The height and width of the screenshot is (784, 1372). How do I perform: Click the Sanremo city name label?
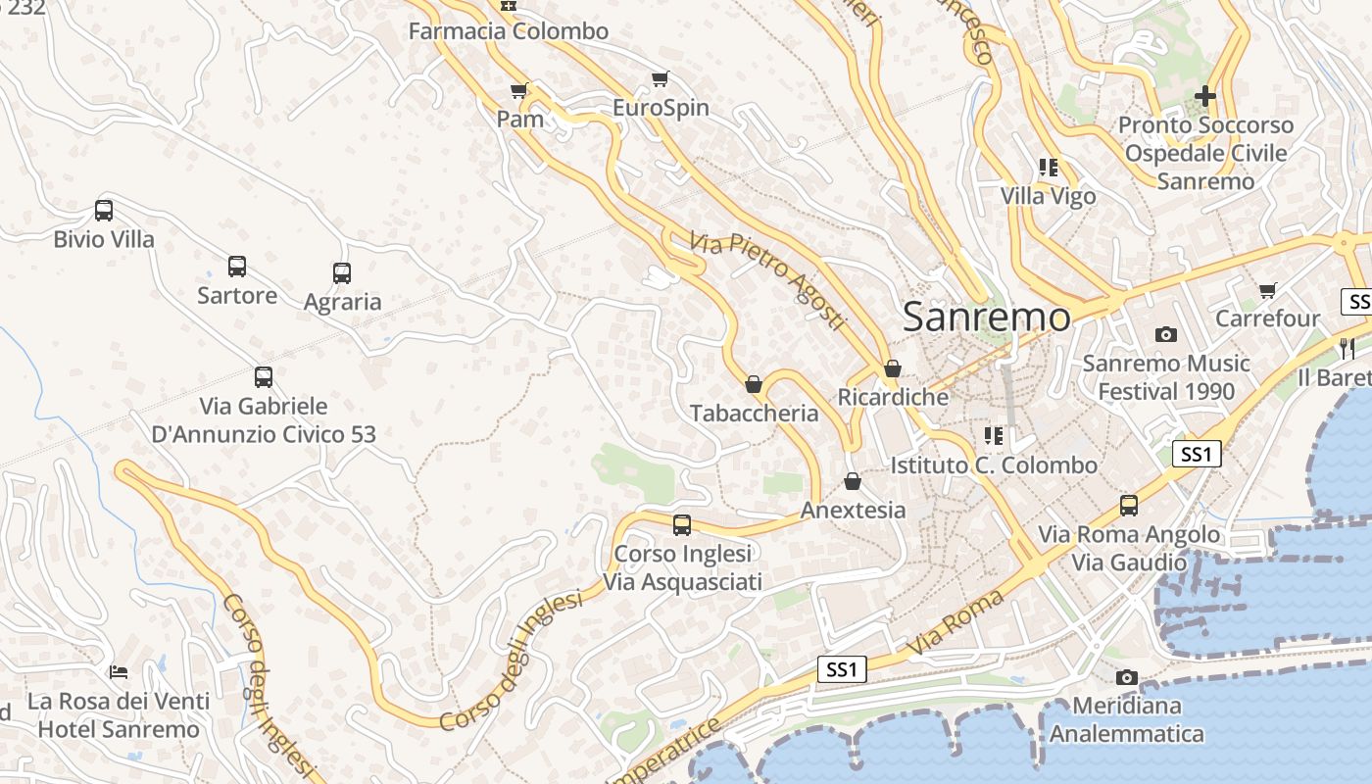(986, 317)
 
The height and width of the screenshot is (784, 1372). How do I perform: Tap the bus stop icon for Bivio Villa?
(104, 210)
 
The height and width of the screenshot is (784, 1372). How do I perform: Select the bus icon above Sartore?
(237, 266)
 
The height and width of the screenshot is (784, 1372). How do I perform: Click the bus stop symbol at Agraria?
(342, 273)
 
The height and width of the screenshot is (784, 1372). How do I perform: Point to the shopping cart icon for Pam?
(519, 90)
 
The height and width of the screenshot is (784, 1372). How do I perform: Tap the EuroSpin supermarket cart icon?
(661, 78)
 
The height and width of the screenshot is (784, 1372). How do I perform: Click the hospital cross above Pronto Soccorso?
(1205, 96)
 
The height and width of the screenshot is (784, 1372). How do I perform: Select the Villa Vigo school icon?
(1049, 168)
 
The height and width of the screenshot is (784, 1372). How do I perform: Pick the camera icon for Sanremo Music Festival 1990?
(1165, 334)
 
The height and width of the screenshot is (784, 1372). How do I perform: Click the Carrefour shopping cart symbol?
(1268, 290)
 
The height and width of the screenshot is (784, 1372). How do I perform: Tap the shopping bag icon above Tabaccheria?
(754, 384)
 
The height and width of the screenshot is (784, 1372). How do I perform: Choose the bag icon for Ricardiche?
(892, 368)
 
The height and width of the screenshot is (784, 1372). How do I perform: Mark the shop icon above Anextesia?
(853, 481)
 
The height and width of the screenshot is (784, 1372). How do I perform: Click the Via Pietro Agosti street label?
(766, 280)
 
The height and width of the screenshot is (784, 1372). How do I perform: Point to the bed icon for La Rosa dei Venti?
(119, 672)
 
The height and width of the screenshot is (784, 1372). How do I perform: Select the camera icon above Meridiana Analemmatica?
(1126, 677)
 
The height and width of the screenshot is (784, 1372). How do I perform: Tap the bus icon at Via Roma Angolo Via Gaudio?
(1129, 506)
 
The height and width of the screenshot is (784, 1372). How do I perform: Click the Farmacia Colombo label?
(509, 31)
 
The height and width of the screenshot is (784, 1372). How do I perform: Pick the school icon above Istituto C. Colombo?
(994, 435)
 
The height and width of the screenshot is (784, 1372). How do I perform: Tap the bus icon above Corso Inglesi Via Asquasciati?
(682, 525)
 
